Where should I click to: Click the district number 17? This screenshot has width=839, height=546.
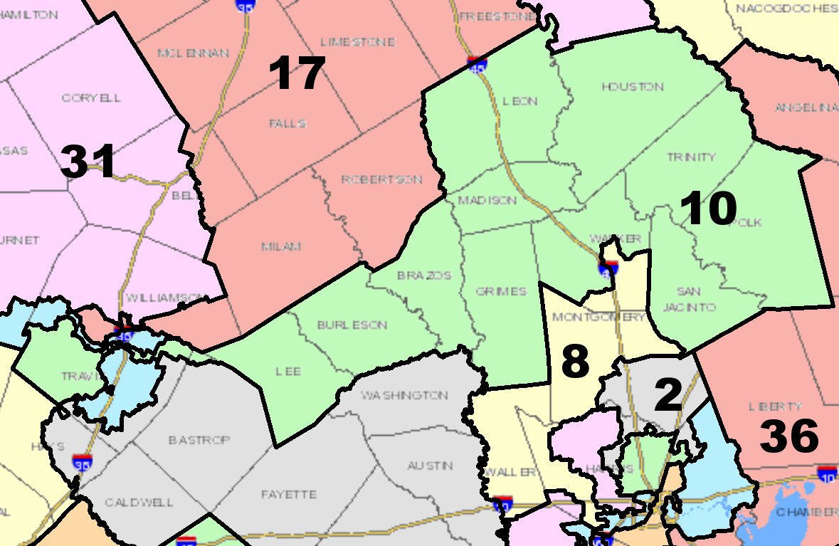(297, 74)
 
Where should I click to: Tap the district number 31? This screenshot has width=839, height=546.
(88, 162)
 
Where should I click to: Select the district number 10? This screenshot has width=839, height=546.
(708, 209)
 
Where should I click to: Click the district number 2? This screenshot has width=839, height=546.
(668, 396)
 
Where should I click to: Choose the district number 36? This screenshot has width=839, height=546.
(789, 437)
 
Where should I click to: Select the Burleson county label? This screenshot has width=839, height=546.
(352, 325)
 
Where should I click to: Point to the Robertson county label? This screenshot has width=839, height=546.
(381, 179)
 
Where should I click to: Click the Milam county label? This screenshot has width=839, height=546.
(281, 246)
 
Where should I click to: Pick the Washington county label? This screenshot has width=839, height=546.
(404, 395)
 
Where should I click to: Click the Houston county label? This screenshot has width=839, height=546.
(632, 87)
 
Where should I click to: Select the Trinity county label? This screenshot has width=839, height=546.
(691, 157)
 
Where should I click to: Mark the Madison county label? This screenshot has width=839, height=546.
(487, 201)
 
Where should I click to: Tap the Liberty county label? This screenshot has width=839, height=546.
(775, 406)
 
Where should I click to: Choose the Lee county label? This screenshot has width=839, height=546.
(288, 372)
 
